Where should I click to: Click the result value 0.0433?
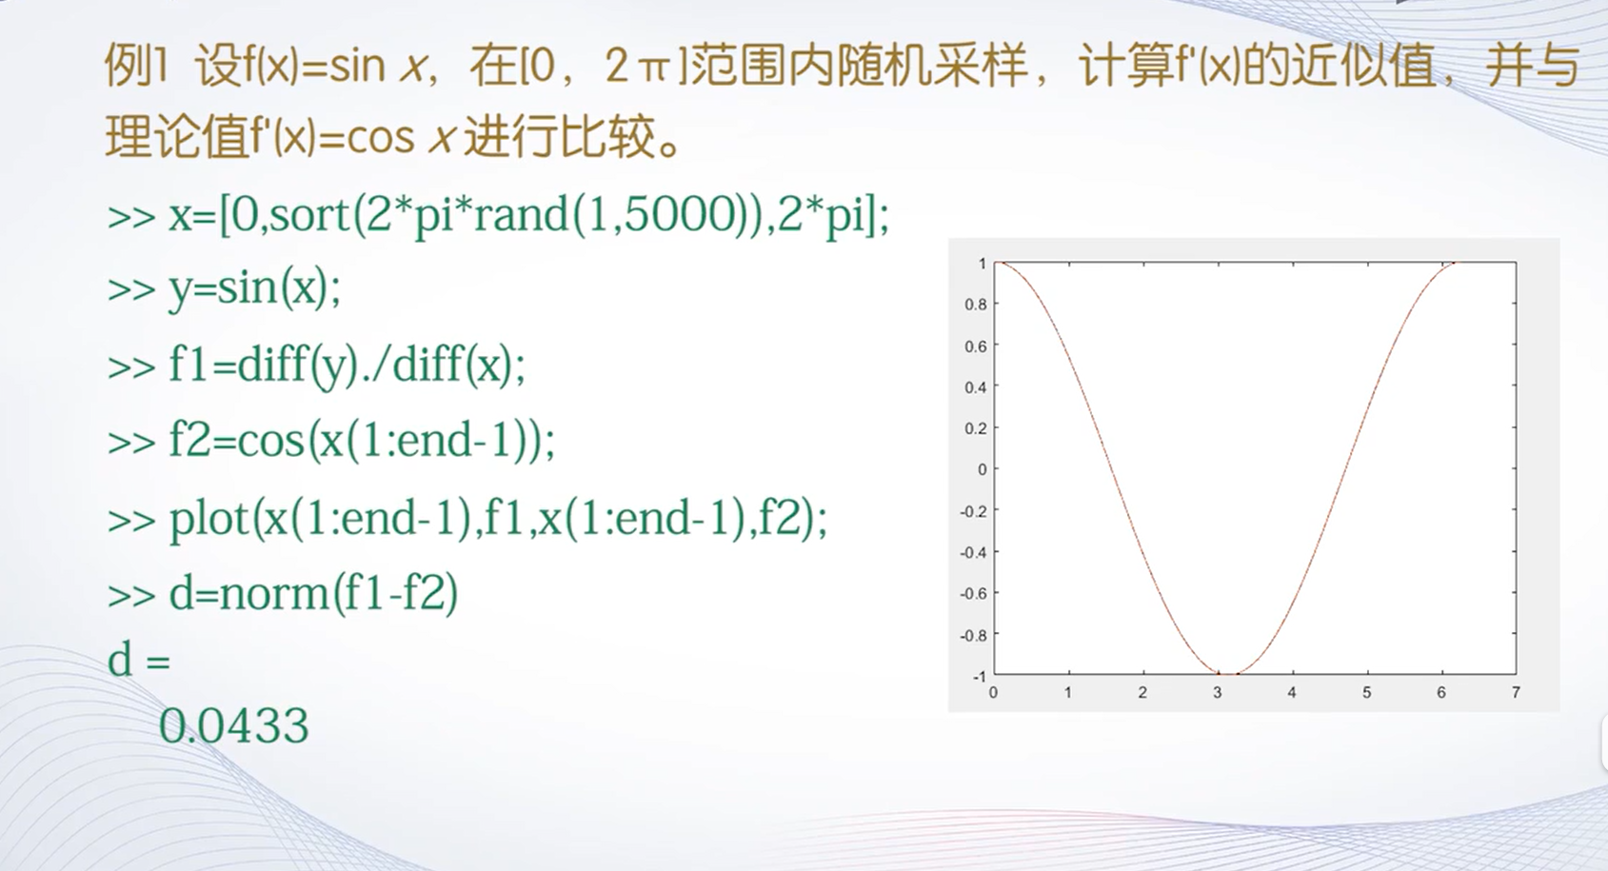pyautogui.click(x=234, y=725)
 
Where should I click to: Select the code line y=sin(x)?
pyautogui.click(x=255, y=288)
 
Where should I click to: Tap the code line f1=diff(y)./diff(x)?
pyautogui.click(x=347, y=365)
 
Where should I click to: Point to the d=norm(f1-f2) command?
pyautogui.click(x=313, y=594)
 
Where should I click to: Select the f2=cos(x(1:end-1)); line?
pyautogui.click(x=362, y=441)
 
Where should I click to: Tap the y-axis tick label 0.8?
pyautogui.click(x=976, y=305)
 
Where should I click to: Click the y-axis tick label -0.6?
pyautogui.click(x=973, y=594)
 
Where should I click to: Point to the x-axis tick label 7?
pyautogui.click(x=1516, y=692)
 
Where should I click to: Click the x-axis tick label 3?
pyautogui.click(x=1218, y=692)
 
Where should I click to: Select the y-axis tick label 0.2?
pyautogui.click(x=976, y=428)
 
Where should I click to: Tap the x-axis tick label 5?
pyautogui.click(x=1367, y=692)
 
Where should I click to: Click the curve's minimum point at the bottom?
pyautogui.click(x=1228, y=674)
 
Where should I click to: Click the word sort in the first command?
pyautogui.click(x=310, y=215)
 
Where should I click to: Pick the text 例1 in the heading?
pyautogui.click(x=136, y=66)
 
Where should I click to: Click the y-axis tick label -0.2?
pyautogui.click(x=973, y=511)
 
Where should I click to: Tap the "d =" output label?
pyautogui.click(x=139, y=660)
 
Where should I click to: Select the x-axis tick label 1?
pyautogui.click(x=1068, y=692)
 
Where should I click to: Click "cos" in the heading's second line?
pyautogui.click(x=381, y=137)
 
